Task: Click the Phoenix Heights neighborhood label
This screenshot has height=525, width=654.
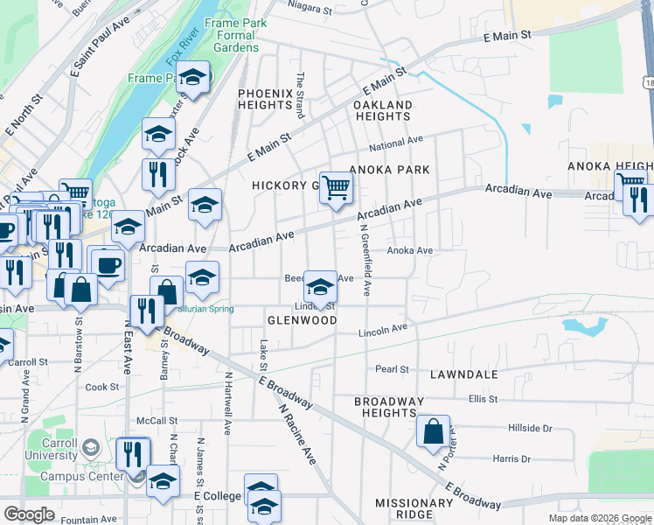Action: [265, 98]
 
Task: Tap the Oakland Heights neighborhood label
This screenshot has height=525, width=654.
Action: [382, 110]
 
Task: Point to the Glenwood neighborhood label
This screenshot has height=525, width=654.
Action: [302, 320]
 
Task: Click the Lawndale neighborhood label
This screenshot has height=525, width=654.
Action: [463, 374]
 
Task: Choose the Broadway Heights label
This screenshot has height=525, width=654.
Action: [389, 407]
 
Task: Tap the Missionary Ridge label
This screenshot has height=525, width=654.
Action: [414, 509]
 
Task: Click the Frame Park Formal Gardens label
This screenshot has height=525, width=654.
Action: [232, 35]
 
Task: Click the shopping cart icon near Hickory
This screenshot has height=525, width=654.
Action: [337, 187]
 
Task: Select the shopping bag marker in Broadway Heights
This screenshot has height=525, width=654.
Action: [433, 431]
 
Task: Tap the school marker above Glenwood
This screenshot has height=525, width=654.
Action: [320, 286]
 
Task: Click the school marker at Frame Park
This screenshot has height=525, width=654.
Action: [192, 77]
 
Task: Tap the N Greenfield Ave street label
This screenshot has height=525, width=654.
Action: [365, 259]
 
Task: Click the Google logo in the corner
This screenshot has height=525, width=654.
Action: [29, 514]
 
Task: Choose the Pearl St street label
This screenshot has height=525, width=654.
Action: [392, 369]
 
